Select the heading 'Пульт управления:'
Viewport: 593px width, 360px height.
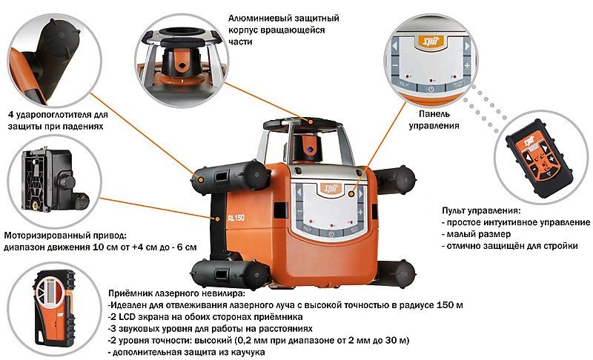point(485,211)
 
